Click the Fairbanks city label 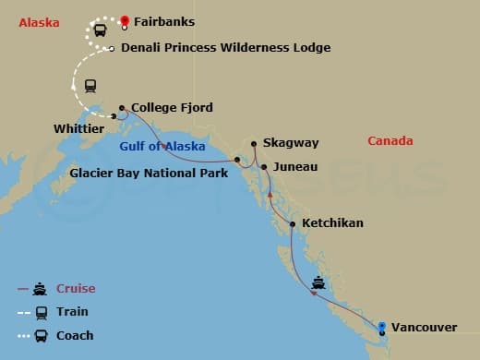click(164, 21)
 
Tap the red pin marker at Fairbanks click(124, 19)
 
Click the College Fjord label click(173, 108)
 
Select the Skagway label click(291, 144)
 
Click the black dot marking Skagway click(253, 144)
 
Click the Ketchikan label click(333, 223)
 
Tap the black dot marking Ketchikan click(293, 224)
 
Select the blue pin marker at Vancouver click(381, 326)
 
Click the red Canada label click(390, 141)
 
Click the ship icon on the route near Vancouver click(318, 283)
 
